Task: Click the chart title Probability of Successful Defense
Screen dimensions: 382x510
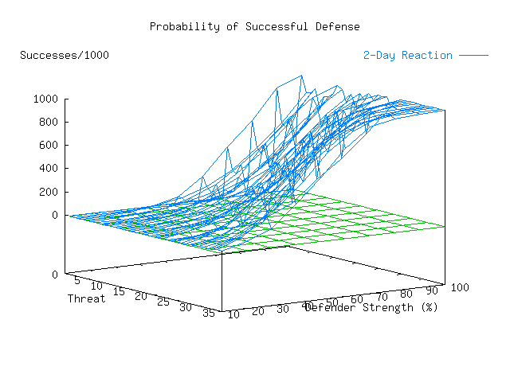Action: pyautogui.click(x=254, y=26)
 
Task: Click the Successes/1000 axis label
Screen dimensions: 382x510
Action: pyautogui.click(x=65, y=55)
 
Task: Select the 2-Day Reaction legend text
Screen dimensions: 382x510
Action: pyautogui.click(x=407, y=55)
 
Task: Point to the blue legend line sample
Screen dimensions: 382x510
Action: pyautogui.click(x=473, y=56)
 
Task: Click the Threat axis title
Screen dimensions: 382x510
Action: pyautogui.click(x=86, y=298)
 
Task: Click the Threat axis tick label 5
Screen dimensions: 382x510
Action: pyautogui.click(x=76, y=279)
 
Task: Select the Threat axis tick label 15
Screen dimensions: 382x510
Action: pyautogui.click(x=119, y=291)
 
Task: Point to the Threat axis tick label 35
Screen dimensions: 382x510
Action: pyautogui.click(x=209, y=314)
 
